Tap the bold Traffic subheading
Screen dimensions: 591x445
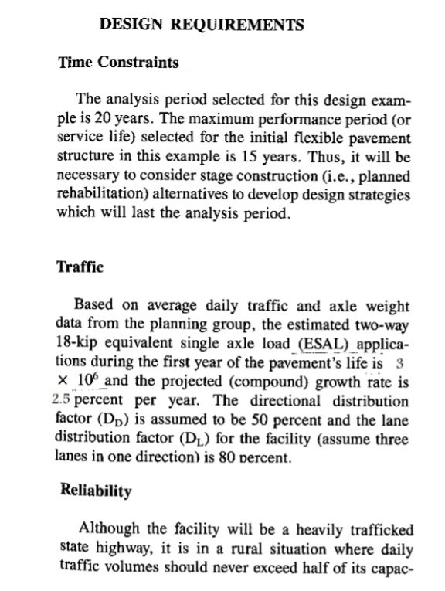[x=80, y=267]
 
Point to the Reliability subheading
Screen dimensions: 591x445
[x=95, y=491]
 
